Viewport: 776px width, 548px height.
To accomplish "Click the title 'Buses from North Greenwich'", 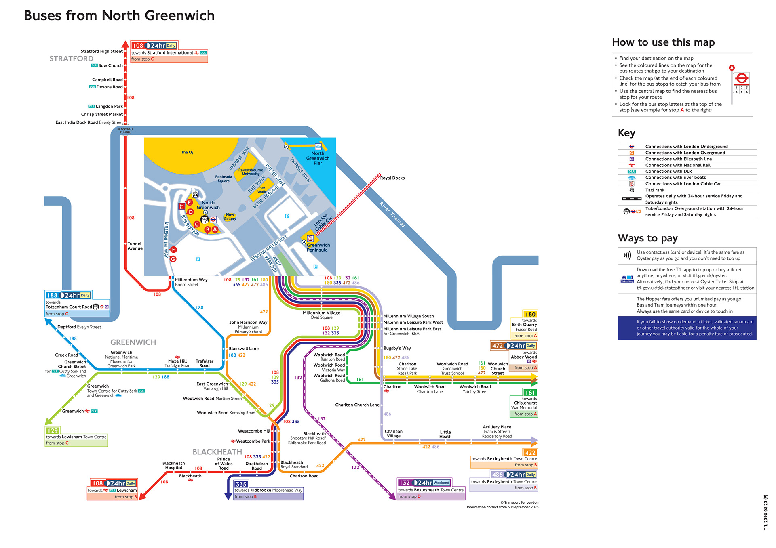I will click(119, 16).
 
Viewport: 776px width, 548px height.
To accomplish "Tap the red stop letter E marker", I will click(189, 203).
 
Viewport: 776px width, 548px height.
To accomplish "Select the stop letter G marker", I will click(173, 259).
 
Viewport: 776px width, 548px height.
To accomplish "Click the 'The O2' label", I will click(187, 152).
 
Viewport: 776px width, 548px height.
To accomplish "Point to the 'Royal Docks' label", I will click(392, 178).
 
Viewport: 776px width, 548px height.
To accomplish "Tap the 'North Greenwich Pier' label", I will click(318, 158).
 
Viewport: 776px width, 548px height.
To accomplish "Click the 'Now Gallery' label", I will click(230, 217).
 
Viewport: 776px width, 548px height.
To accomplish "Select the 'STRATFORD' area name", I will click(71, 59).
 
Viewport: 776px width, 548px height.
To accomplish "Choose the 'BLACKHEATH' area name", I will click(217, 452).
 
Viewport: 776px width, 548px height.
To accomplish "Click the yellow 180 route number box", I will click(530, 314).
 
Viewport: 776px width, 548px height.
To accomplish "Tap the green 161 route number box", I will click(530, 393).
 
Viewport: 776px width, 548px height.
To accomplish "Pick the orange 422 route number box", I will click(530, 453).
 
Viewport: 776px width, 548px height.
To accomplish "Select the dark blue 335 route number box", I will click(241, 484).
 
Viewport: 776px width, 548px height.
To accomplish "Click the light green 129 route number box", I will click(53, 430).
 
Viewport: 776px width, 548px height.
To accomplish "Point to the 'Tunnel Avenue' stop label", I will click(135, 246).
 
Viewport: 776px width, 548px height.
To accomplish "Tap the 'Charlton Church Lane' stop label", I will click(357, 405).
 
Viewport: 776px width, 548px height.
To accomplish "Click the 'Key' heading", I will click(626, 133).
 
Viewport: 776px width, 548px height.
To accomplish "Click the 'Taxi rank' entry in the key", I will click(655, 190).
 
